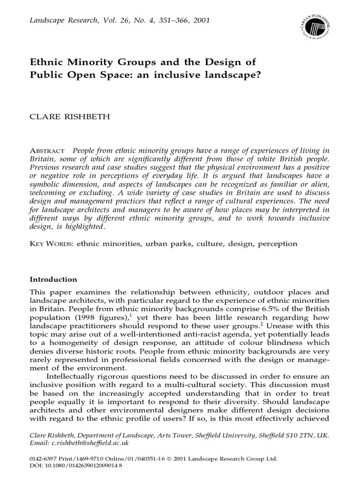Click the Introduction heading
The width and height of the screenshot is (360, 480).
click(53, 279)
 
